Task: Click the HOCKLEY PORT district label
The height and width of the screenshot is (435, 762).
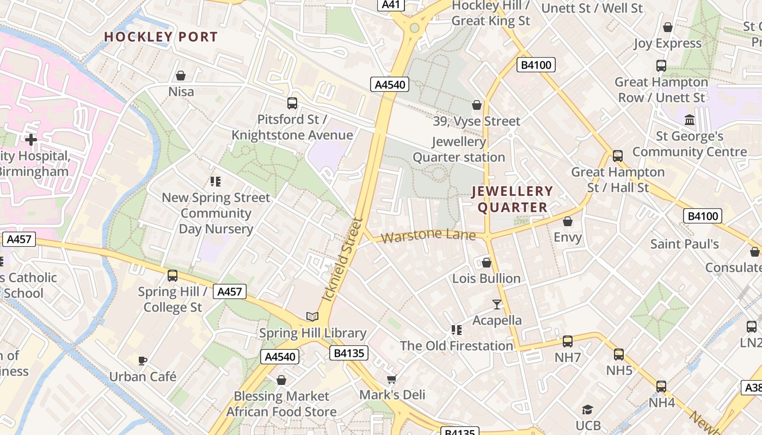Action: click(161, 37)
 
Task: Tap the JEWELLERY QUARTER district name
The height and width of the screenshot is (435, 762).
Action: click(512, 199)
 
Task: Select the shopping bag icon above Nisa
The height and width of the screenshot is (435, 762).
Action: click(181, 76)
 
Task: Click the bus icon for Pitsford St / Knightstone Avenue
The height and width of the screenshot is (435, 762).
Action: click(292, 103)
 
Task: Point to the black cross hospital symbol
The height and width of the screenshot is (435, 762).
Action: click(31, 140)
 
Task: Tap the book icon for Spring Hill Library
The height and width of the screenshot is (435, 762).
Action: click(312, 316)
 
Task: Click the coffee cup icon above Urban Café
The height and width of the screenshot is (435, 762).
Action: click(143, 360)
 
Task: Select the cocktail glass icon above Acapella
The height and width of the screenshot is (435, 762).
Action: click(497, 304)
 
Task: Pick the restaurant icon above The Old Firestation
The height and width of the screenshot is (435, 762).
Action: click(457, 330)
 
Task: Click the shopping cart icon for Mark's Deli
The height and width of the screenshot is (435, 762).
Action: click(392, 378)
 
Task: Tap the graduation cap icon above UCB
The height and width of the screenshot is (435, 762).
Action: click(587, 409)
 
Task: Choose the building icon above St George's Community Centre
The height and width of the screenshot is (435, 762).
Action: click(690, 120)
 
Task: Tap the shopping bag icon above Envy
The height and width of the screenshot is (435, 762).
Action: click(568, 221)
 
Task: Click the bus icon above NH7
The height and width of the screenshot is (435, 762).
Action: click(568, 341)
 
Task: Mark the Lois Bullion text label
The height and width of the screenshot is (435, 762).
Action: click(487, 278)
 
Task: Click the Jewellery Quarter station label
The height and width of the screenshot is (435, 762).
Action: click(459, 150)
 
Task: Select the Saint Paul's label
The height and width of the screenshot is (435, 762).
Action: click(685, 244)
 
